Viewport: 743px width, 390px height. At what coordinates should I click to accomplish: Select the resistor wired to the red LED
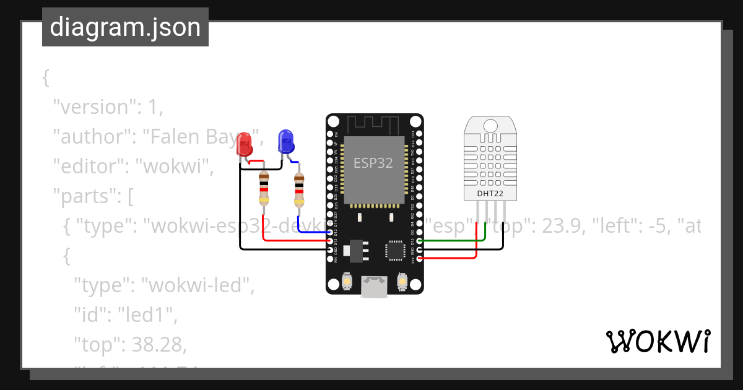264,188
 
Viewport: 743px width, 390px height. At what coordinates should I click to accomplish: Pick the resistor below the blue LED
299,189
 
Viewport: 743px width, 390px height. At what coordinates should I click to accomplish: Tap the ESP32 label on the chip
373,163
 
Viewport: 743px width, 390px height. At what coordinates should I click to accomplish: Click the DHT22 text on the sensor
490,194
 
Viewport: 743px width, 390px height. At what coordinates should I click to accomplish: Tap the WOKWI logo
658,341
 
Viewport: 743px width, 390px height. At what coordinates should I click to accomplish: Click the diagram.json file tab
125,27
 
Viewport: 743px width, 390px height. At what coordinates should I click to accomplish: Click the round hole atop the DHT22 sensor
490,126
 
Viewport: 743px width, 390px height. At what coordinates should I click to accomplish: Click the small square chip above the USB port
395,249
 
